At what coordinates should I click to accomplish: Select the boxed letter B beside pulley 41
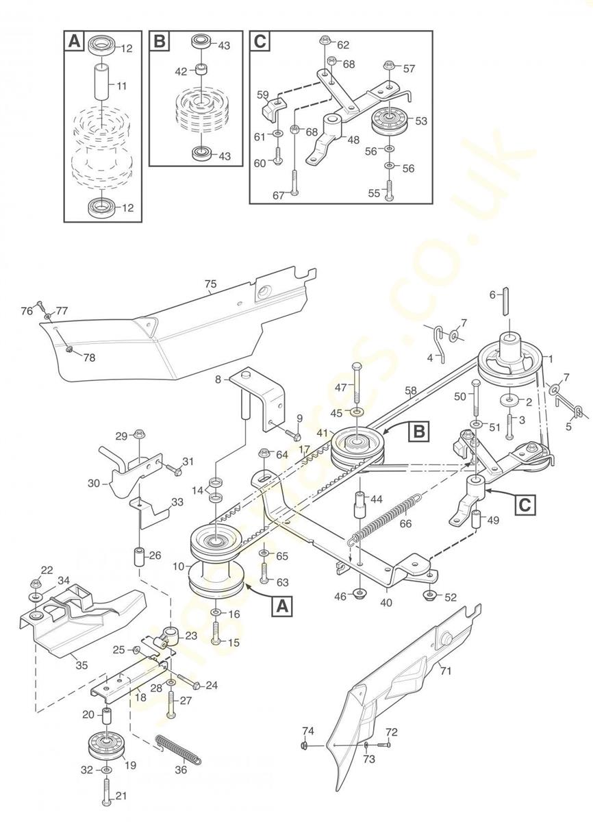pyautogui.click(x=418, y=432)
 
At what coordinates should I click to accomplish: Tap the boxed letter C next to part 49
pyautogui.click(x=525, y=505)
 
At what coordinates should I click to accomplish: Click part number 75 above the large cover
pyautogui.click(x=210, y=282)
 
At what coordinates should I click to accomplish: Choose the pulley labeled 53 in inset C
pyautogui.click(x=388, y=123)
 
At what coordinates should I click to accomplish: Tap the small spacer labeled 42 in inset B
pyautogui.click(x=201, y=71)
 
